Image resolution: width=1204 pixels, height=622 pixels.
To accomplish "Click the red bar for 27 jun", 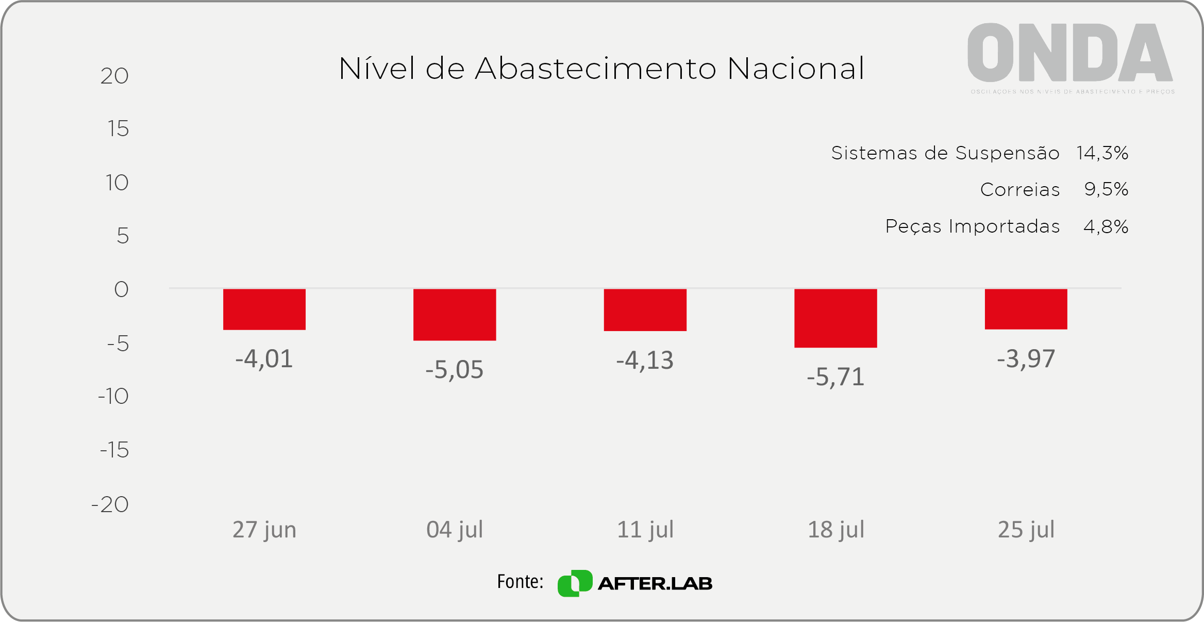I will point(264,309).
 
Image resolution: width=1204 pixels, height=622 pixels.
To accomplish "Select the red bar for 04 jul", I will point(455,314).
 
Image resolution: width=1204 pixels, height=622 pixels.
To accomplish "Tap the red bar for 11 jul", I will point(645,309).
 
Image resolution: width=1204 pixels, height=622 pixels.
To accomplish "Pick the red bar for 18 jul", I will point(835,318).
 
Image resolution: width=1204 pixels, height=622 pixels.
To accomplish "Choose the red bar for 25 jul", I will point(1026,308).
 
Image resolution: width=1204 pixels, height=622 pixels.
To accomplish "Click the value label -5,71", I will point(835,377).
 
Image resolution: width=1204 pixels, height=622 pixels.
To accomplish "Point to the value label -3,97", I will point(1026,359).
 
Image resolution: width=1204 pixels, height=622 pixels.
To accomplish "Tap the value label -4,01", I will point(264,359).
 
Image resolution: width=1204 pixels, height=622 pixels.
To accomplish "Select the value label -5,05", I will point(455,370).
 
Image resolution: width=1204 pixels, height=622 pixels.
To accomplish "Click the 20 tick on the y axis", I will point(114,76).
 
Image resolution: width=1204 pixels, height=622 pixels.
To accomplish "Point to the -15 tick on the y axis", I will point(114,450).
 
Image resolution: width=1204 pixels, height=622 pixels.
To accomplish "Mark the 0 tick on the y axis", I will point(121,289).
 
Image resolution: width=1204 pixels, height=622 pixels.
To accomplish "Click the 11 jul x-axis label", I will point(645,530).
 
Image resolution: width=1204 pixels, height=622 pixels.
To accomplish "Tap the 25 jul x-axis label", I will point(1026,530).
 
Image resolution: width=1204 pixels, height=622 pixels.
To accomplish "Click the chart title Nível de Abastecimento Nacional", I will point(601,69).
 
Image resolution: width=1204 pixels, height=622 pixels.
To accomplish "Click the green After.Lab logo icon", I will point(575,583).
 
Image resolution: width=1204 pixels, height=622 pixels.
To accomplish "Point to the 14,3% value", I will point(1102,153).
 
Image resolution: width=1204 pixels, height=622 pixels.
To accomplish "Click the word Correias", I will point(1019,190).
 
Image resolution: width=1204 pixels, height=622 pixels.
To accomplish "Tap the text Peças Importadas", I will point(972,226).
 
